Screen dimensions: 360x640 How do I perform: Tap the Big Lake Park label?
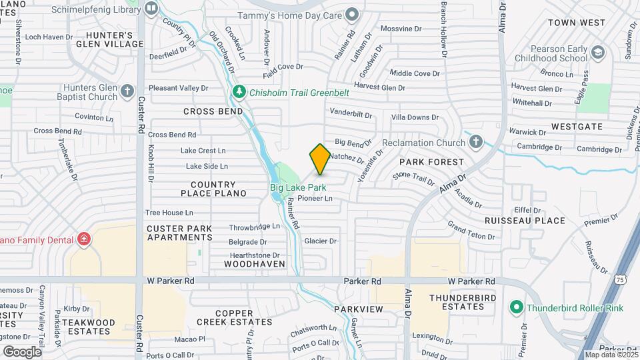(x=298, y=188)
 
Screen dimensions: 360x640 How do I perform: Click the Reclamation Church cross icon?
(x=475, y=141)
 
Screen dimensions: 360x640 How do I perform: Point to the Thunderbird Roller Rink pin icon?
(x=515, y=308)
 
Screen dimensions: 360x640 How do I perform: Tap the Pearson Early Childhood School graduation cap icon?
(x=598, y=52)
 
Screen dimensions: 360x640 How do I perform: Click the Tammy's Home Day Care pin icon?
(x=352, y=15)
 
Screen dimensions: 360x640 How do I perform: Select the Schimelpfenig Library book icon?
(x=151, y=8)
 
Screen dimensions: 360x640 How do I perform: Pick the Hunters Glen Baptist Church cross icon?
(x=127, y=91)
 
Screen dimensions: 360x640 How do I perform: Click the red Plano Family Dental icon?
(x=84, y=239)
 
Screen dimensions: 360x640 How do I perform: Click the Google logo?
(x=22, y=351)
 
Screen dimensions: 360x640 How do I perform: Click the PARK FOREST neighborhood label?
(x=431, y=162)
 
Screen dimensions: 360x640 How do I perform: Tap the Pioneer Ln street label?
(x=315, y=198)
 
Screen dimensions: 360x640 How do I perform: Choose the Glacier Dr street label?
(x=320, y=241)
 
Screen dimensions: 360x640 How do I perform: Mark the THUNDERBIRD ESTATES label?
(x=457, y=302)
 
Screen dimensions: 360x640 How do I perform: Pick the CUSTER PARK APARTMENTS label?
(x=179, y=233)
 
